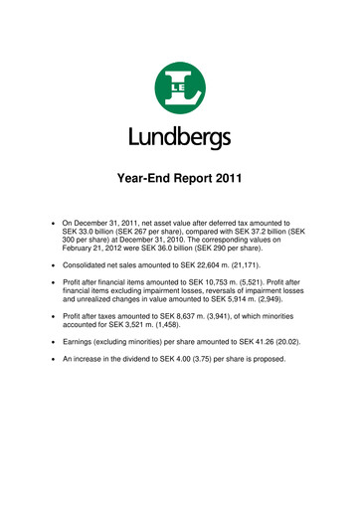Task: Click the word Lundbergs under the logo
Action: pyautogui.click(x=180, y=135)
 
